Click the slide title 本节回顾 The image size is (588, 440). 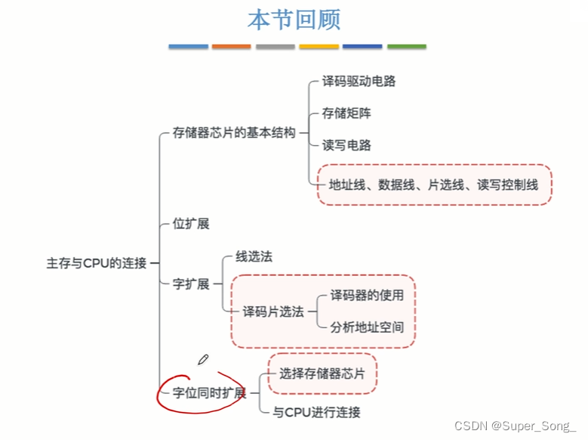(294, 19)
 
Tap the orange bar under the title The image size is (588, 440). (231, 47)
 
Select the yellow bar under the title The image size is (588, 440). (319, 47)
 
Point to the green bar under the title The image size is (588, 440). (406, 47)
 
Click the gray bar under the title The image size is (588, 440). (275, 47)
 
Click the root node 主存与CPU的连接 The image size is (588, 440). (97, 263)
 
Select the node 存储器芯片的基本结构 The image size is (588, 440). (233, 134)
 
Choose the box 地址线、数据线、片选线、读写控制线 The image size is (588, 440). (433, 183)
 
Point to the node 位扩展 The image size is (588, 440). (191, 224)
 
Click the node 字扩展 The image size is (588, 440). (191, 284)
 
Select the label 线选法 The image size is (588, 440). (254, 256)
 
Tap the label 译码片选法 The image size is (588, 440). (272, 311)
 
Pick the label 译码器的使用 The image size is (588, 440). (367, 296)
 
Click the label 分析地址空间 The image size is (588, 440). (367, 327)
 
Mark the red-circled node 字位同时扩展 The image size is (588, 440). (209, 392)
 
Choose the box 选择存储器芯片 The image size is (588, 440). (322, 373)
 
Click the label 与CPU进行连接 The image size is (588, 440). (316, 412)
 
